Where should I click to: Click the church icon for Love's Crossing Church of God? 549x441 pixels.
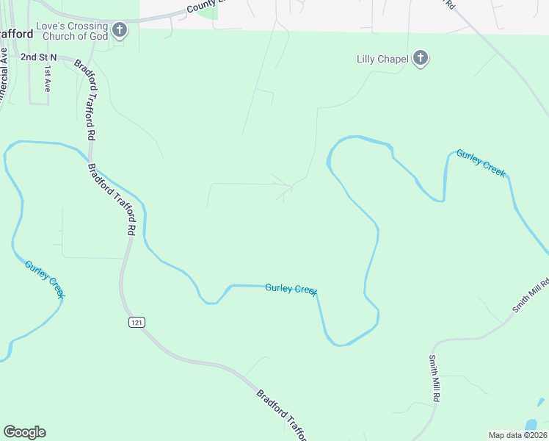click(x=120, y=30)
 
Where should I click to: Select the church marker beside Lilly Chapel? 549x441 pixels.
click(x=421, y=59)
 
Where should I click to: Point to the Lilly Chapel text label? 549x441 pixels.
click(x=382, y=59)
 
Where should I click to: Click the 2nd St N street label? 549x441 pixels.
click(x=38, y=57)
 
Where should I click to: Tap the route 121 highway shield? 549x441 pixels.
click(x=136, y=323)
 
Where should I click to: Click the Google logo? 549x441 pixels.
click(x=24, y=432)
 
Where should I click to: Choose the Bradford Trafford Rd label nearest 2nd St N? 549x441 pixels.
click(x=85, y=99)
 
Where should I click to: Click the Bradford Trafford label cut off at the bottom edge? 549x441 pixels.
click(x=283, y=415)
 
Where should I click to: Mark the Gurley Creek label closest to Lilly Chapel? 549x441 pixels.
click(x=481, y=162)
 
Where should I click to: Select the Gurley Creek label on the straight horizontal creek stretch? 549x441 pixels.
click(x=291, y=289)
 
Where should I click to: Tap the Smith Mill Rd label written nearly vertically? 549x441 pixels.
click(x=435, y=378)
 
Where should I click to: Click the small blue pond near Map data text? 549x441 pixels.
click(x=531, y=425)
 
